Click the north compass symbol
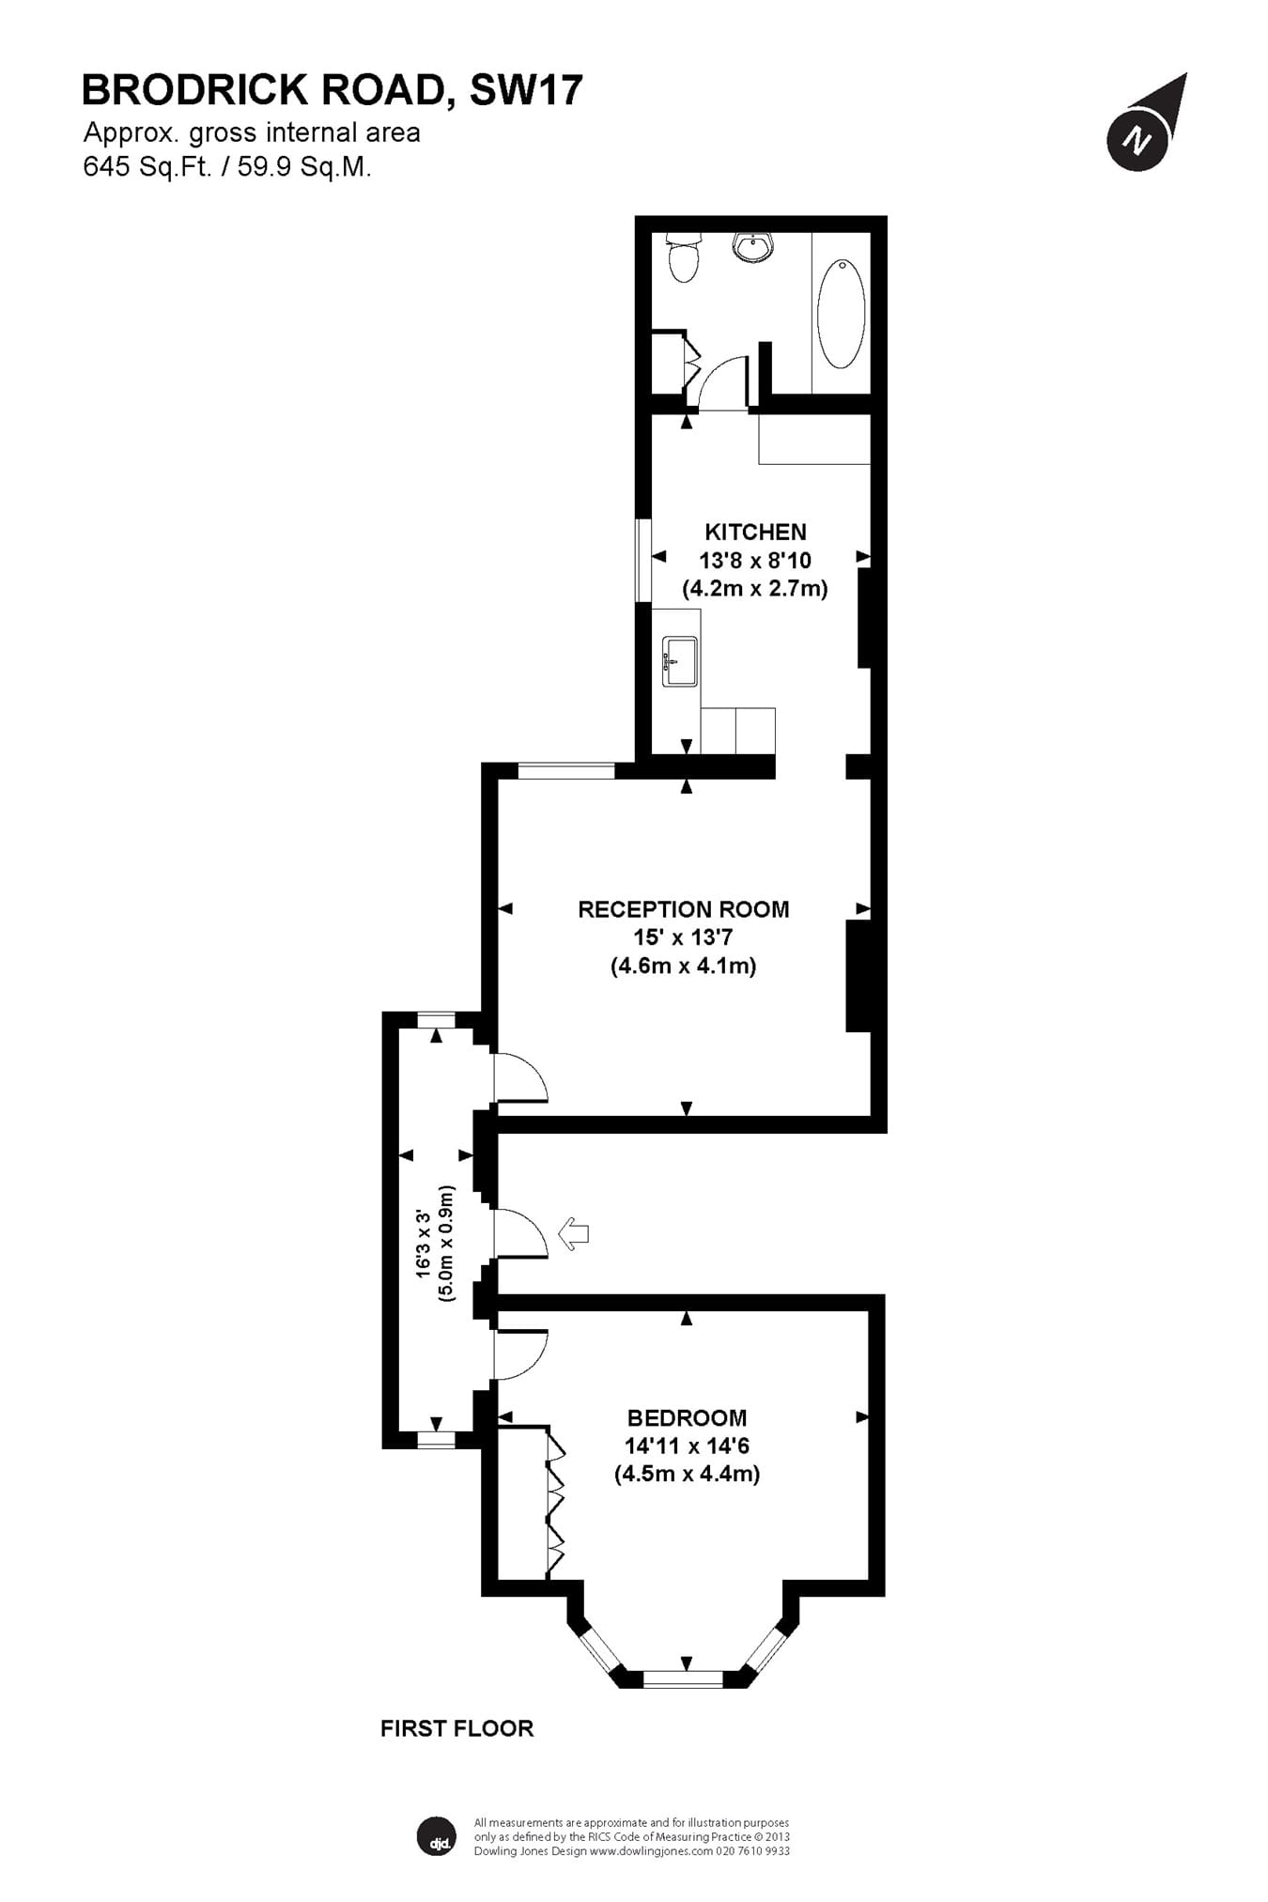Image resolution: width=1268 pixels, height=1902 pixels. [x=1140, y=139]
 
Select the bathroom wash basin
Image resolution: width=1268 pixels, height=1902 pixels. [x=754, y=248]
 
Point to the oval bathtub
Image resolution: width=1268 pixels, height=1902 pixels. [x=841, y=314]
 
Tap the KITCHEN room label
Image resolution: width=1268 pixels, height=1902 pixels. [x=755, y=533]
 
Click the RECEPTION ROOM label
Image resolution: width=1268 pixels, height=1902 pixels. [x=683, y=909]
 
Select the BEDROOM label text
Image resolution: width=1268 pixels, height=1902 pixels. [x=687, y=1417]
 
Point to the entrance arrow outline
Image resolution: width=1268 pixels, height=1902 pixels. [x=573, y=1233]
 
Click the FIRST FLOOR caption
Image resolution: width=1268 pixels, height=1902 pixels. [x=456, y=1728]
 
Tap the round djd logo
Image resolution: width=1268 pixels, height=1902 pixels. [x=436, y=1837]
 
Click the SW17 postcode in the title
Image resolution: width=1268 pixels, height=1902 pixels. [x=526, y=90]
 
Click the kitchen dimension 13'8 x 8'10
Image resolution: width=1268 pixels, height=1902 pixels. [x=755, y=561]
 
